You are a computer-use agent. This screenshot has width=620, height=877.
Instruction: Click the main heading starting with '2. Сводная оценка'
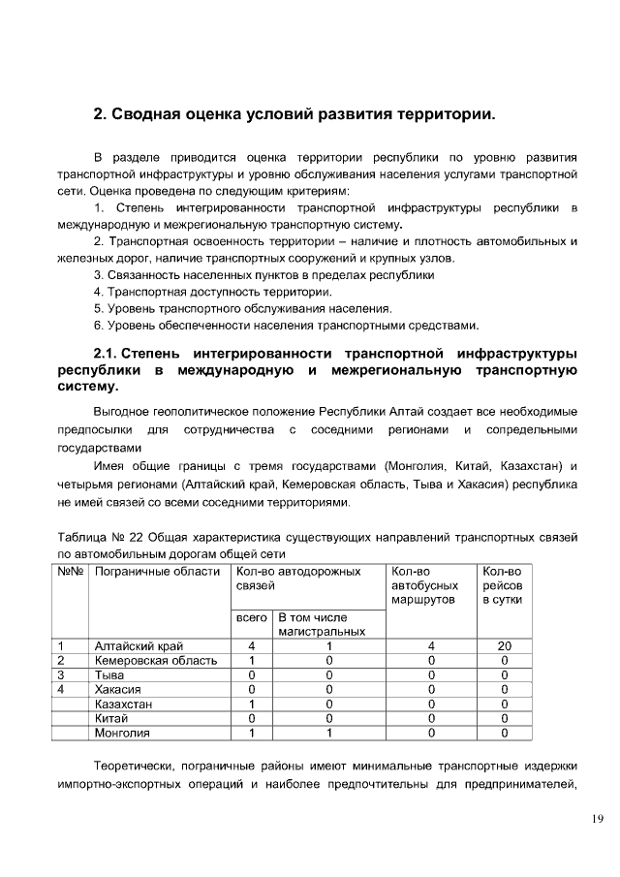coord(294,114)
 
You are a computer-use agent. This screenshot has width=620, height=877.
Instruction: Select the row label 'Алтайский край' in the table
coord(139,645)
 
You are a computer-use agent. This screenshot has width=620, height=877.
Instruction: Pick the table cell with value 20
coord(504,645)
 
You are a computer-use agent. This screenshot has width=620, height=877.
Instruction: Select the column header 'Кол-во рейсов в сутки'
coord(502,585)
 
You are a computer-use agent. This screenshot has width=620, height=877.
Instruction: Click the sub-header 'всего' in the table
coord(251,617)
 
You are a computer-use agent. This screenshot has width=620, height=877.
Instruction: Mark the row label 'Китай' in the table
coord(112,718)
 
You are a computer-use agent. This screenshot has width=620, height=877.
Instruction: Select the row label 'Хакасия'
coord(119,689)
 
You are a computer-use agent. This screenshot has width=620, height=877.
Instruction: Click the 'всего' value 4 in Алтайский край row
coord(251,645)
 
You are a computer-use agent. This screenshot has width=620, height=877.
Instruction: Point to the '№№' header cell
coord(72,572)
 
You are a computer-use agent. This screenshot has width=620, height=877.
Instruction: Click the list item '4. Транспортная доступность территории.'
coord(213,291)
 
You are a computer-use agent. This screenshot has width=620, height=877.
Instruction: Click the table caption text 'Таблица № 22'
coord(104,536)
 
